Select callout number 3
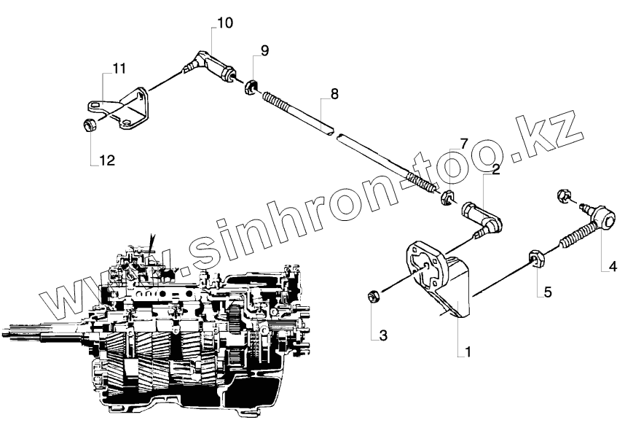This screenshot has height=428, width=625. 382,336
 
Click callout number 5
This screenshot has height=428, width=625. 548,292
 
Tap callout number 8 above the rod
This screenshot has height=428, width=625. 334,94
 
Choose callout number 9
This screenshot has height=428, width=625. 264,50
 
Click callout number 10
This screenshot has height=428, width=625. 224,23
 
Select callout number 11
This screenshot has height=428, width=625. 119,69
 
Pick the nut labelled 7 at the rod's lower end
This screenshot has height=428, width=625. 449,196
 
